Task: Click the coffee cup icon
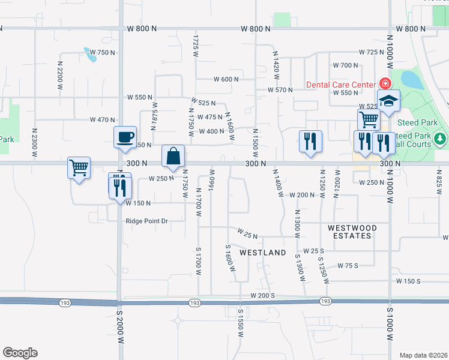click(x=125, y=137)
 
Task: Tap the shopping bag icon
click(x=173, y=156)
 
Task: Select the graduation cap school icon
click(x=388, y=100)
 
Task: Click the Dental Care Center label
click(x=340, y=85)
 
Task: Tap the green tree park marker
click(x=441, y=139)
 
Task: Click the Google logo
click(x=20, y=353)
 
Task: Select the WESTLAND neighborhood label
click(x=262, y=253)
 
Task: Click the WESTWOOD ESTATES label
click(x=352, y=232)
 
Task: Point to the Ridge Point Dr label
click(x=146, y=221)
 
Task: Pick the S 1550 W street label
click(x=240, y=323)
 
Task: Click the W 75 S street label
click(x=348, y=265)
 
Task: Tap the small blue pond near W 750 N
click(x=91, y=55)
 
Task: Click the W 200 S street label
click(x=263, y=295)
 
